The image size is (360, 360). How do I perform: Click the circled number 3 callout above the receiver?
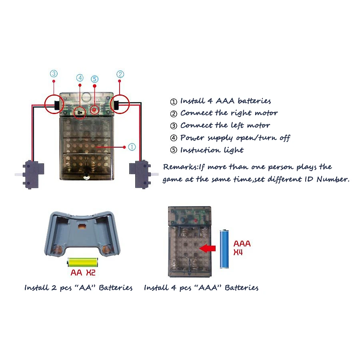pyautogui.click(x=54, y=74)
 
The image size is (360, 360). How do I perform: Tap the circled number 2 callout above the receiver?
pyautogui.click(x=120, y=74)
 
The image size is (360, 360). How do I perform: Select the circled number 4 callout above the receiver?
pyautogui.click(x=80, y=78)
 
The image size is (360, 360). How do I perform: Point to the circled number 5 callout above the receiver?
pyautogui.click(x=94, y=79)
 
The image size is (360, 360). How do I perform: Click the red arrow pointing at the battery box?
pyautogui.click(x=207, y=248)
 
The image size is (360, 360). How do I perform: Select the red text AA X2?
pyautogui.click(x=83, y=274)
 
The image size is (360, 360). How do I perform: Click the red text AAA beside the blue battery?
pyautogui.click(x=242, y=243)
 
